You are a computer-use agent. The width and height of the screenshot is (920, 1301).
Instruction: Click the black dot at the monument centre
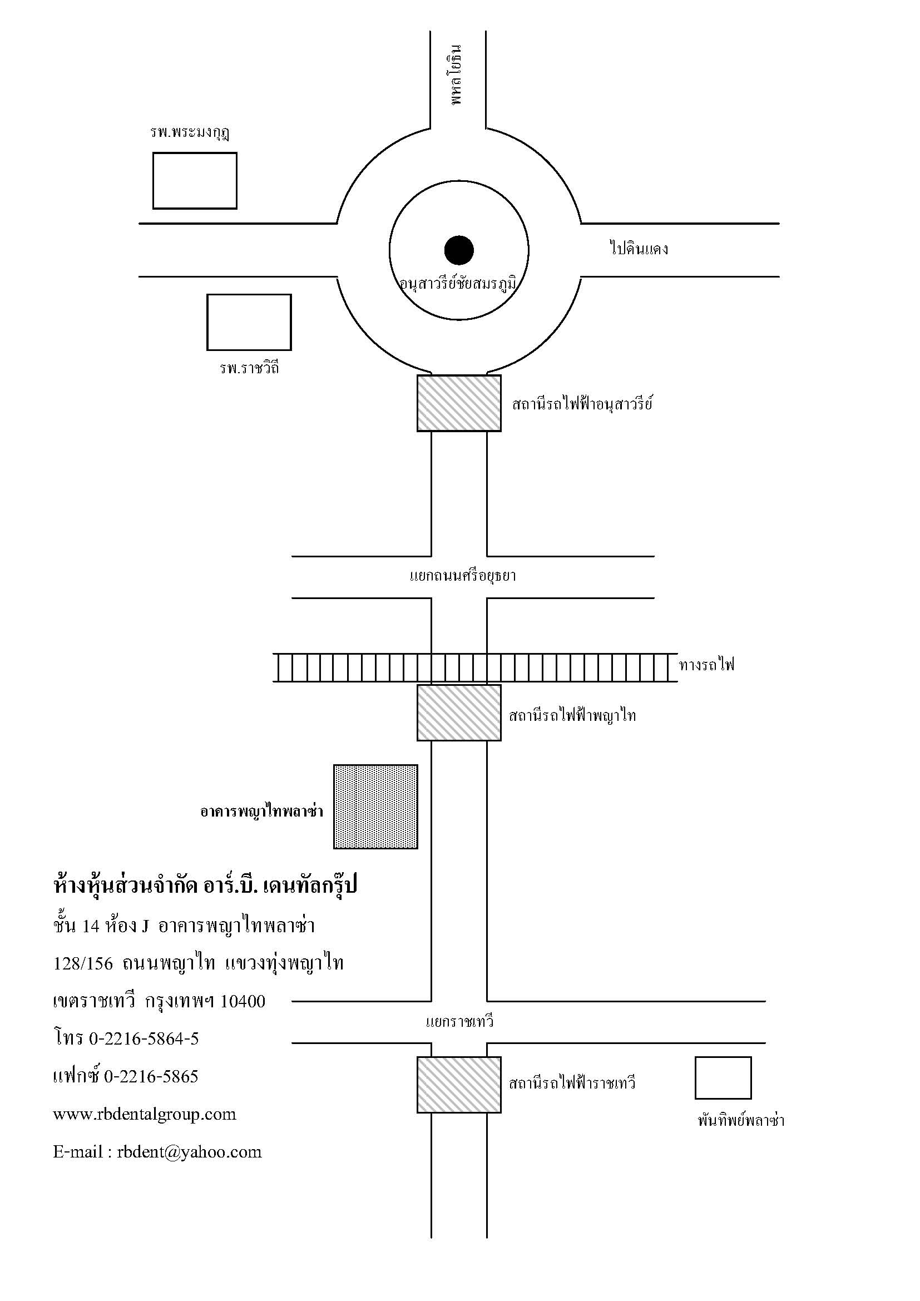[459, 250]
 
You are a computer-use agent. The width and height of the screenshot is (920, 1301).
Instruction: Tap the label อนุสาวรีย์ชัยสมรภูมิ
[458, 283]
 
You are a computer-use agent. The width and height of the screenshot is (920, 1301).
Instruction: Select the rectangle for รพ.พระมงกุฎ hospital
[195, 181]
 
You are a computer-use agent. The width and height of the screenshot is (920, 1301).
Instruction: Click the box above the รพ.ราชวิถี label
[249, 322]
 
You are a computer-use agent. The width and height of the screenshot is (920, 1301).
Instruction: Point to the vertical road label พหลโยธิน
[457, 74]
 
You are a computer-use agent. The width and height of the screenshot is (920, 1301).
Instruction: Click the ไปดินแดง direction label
[639, 248]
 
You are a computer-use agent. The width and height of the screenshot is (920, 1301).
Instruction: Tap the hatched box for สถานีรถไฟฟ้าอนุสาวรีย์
[459, 403]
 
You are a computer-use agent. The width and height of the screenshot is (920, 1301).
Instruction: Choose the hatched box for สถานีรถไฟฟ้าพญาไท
[459, 713]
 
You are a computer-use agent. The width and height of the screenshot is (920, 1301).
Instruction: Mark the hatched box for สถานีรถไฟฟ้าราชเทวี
[459, 1085]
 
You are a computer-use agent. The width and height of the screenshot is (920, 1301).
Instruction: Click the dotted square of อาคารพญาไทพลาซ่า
[375, 807]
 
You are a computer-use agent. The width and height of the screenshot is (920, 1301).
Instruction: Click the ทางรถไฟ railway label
[706, 664]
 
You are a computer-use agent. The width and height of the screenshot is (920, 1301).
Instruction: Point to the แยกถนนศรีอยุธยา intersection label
[462, 576]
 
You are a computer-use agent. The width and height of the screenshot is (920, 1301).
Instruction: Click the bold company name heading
[206, 884]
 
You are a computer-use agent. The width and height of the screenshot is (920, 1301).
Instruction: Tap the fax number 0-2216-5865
[151, 1076]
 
